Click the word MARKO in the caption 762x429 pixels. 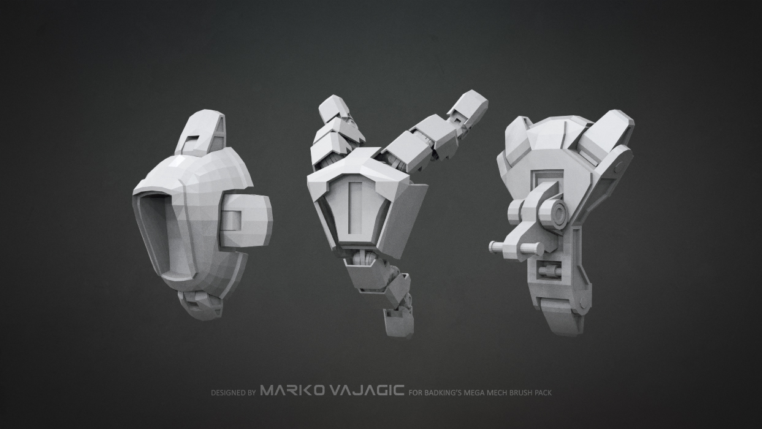point(292,390)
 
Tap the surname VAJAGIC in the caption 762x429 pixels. point(367,390)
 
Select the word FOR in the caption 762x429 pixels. point(414,393)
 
